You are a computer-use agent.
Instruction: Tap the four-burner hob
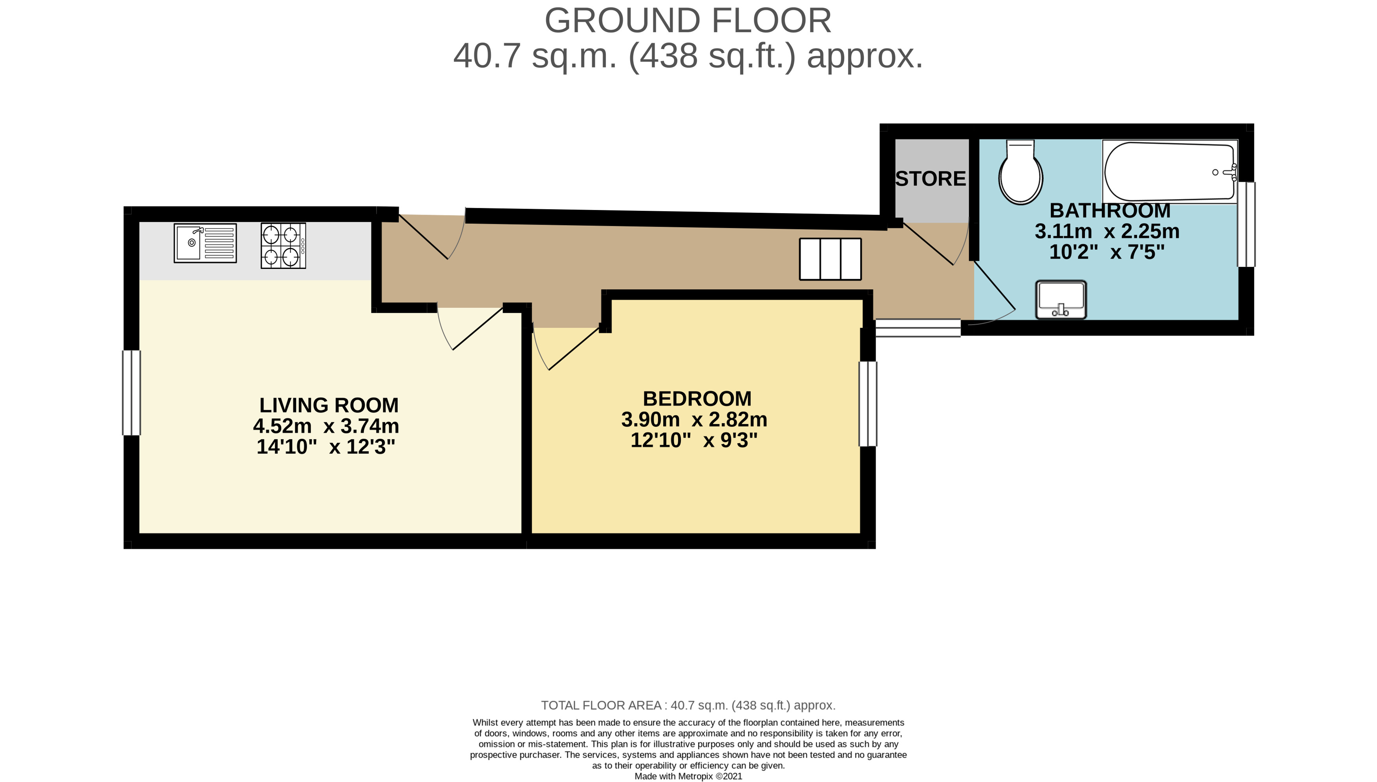pyautogui.click(x=283, y=245)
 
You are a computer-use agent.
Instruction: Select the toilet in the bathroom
pyautogui.click(x=1020, y=172)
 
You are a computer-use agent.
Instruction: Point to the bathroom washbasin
pyautogui.click(x=1061, y=299)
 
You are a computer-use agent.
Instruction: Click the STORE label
pyautogui.click(x=931, y=179)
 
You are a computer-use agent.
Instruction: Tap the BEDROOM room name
pyautogui.click(x=697, y=398)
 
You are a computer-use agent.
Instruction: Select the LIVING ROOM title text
pyautogui.click(x=329, y=405)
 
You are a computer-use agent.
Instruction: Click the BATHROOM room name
pyautogui.click(x=1110, y=210)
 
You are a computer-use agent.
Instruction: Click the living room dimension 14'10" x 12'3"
pyautogui.click(x=326, y=447)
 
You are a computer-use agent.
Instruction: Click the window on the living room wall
pyautogui.click(x=132, y=393)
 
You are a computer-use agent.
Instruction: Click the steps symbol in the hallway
pyautogui.click(x=830, y=259)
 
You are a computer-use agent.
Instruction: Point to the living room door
pyautogui.click(x=470, y=328)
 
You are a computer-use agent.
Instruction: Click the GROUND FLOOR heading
pyautogui.click(x=688, y=20)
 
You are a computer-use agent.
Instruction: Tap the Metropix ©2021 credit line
pyautogui.click(x=689, y=776)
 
